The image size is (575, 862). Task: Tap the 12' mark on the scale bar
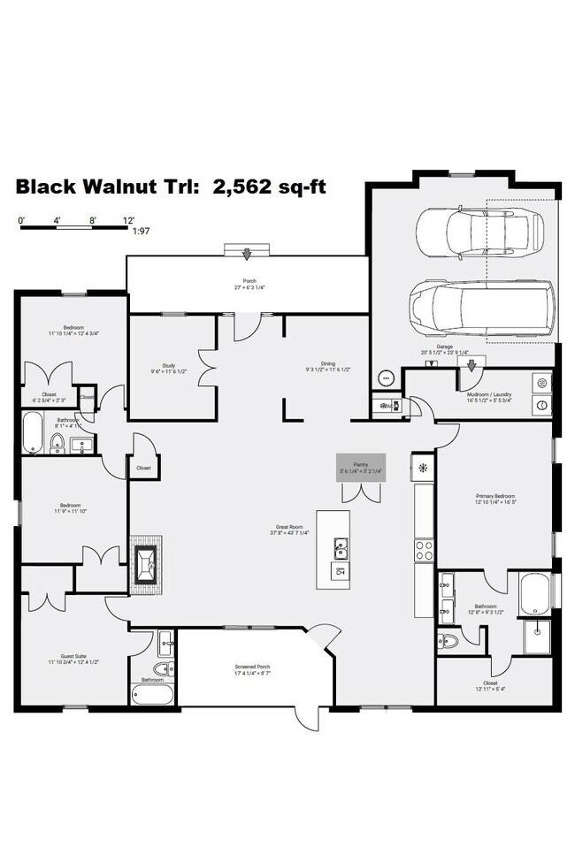[x=129, y=218]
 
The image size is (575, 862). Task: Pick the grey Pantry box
[x=360, y=468]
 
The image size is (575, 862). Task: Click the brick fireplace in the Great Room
[x=146, y=559]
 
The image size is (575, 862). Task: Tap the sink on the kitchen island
[x=339, y=550]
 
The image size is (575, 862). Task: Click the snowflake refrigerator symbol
[x=423, y=469]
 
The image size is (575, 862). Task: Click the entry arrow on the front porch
[x=248, y=254]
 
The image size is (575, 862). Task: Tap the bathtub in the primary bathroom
[x=537, y=592]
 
